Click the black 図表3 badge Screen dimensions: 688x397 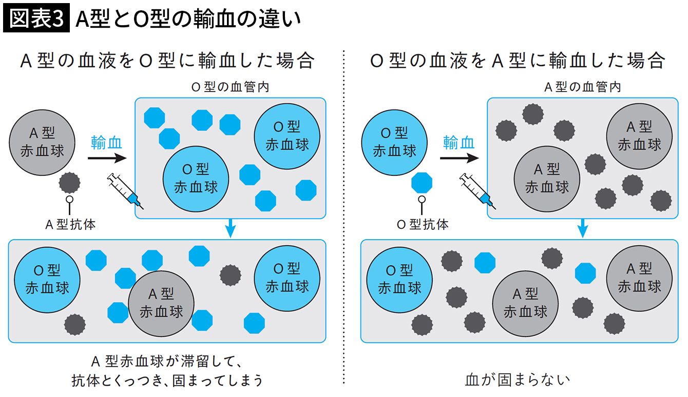click(x=36, y=18)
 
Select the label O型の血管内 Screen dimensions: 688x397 click(x=230, y=87)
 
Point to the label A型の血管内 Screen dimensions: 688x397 click(x=582, y=87)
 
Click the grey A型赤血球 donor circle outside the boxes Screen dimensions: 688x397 click(x=42, y=142)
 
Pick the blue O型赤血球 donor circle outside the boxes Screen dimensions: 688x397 click(x=394, y=142)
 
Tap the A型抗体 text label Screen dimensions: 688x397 click(x=70, y=225)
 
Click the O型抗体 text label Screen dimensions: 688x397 click(x=423, y=225)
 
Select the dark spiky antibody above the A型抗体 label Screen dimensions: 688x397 click(x=70, y=183)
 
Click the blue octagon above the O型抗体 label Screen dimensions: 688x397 click(x=422, y=183)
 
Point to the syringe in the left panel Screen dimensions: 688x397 click(x=125, y=191)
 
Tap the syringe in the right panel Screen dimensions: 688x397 click(x=477, y=191)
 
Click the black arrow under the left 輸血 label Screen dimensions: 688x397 click(x=107, y=158)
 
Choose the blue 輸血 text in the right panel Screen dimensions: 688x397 click(x=458, y=142)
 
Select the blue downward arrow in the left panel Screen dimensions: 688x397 click(x=231, y=228)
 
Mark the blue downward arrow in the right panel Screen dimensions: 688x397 click(x=583, y=228)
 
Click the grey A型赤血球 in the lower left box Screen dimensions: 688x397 click(x=161, y=303)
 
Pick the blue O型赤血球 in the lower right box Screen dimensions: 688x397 click(x=399, y=280)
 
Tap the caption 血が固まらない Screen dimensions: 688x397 click(x=518, y=380)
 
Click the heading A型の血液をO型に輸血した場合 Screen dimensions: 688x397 click(x=168, y=60)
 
